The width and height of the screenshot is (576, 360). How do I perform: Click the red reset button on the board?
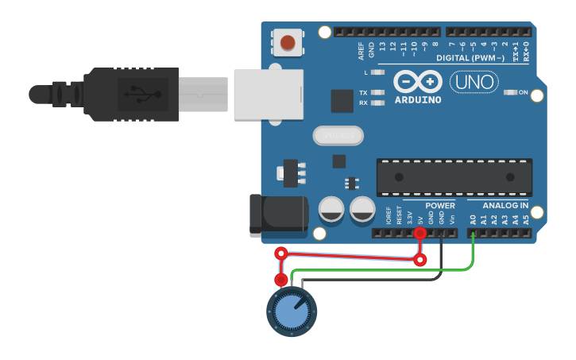click(x=288, y=42)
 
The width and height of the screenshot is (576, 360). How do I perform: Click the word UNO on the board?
click(x=474, y=82)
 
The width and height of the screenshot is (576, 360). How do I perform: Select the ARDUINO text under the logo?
click(x=417, y=99)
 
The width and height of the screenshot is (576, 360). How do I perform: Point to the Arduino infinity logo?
click(x=417, y=82)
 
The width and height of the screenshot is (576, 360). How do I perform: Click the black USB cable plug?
click(x=131, y=94)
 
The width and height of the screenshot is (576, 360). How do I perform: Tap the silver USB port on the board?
click(x=269, y=94)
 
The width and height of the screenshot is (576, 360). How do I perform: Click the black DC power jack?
click(x=278, y=214)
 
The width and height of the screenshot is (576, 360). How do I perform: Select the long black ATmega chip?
click(x=454, y=177)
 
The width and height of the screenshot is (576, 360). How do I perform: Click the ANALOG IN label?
click(x=505, y=206)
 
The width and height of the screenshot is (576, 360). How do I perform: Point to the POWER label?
click(x=439, y=206)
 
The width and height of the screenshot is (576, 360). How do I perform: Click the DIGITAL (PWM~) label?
click(x=470, y=58)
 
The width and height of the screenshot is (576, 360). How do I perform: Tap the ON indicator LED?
click(x=510, y=92)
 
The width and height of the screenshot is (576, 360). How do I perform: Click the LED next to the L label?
click(x=378, y=72)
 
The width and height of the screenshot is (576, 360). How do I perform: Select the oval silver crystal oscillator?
click(x=338, y=136)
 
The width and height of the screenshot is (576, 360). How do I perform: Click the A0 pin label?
click(x=473, y=219)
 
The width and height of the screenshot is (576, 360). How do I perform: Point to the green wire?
click(x=381, y=270)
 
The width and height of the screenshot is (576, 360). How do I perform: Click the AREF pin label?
click(x=361, y=52)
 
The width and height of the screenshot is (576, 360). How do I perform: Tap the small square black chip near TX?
click(x=342, y=101)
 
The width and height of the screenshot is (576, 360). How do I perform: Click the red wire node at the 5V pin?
click(x=420, y=233)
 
